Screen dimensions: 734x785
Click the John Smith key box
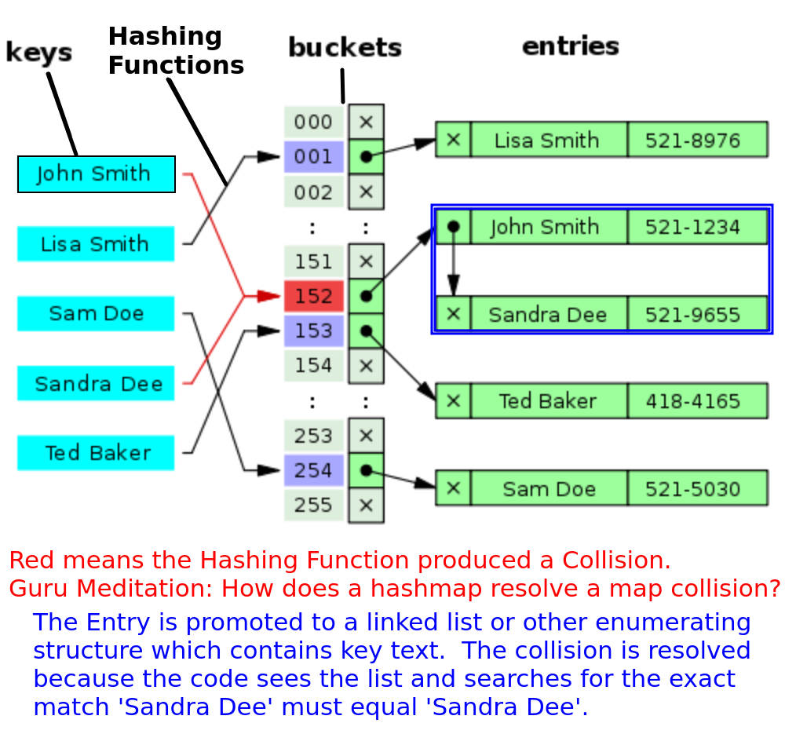tap(96, 174)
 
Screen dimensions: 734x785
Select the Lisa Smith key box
tap(96, 244)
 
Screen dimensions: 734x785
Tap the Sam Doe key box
tap(96, 314)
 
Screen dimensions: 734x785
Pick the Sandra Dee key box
tap(96, 384)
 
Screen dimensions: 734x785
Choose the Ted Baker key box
tap(96, 453)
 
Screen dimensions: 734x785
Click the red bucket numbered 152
tap(314, 297)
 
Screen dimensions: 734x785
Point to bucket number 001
tap(314, 157)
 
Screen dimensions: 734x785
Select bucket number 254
tap(314, 471)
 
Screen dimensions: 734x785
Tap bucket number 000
tap(314, 122)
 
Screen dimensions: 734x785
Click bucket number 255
tap(314, 506)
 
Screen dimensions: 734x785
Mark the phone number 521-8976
tap(693, 141)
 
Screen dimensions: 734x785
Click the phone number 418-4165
tap(693, 401)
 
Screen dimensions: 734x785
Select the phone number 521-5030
tap(693, 489)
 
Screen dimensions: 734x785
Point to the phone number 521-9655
tap(693, 315)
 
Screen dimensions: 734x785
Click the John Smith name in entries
tap(545, 227)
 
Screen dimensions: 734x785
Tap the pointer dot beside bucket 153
tap(366, 331)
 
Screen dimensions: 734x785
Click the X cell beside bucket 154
tap(366, 366)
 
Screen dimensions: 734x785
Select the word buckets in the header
tap(345, 48)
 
